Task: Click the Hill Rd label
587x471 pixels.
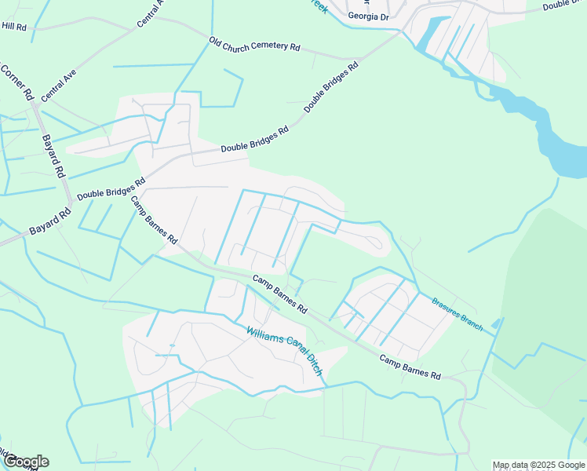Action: pos(14,26)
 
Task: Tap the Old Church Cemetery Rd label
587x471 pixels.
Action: pos(255,46)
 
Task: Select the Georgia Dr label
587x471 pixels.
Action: pos(368,16)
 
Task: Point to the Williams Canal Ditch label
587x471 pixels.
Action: pos(284,351)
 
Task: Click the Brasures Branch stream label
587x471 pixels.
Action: pos(457,313)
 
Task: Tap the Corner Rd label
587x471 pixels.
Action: pos(16,82)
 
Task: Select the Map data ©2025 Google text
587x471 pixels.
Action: pos(538,465)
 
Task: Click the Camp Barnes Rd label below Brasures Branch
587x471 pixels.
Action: pos(410,366)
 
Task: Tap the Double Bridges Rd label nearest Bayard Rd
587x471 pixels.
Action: pos(111,189)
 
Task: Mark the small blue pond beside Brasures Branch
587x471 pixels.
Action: pos(494,323)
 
